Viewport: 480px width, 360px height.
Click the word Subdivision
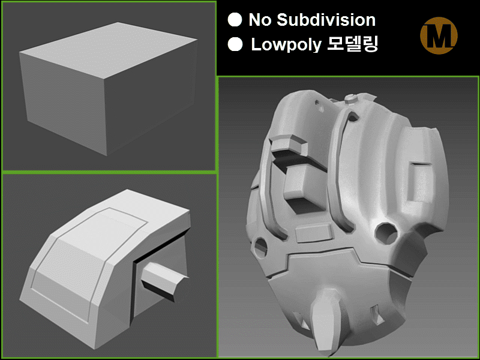point(326,20)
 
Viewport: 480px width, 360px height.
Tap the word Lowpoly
point(286,44)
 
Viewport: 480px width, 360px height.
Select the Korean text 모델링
point(353,44)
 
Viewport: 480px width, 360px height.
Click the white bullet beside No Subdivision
point(235,20)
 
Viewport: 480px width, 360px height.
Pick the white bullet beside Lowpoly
point(235,44)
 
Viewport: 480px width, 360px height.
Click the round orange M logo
point(439,35)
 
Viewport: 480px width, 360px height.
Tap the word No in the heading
point(260,20)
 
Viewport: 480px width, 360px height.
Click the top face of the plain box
point(109,49)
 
